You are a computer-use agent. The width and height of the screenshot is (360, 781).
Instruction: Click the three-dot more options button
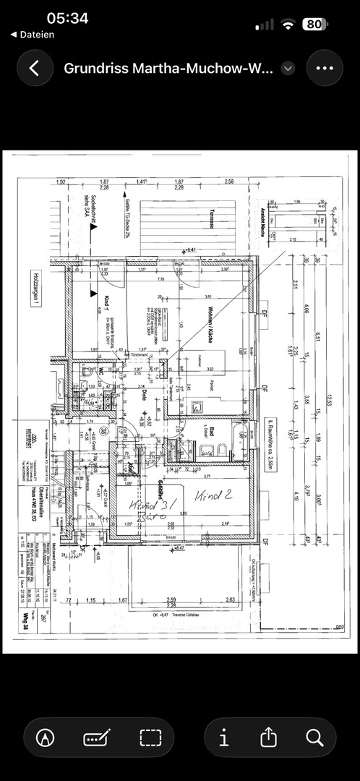click(325, 69)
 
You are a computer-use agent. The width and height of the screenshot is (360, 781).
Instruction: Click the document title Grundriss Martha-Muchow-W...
click(168, 69)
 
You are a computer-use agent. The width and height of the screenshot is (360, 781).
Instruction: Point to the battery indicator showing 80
click(314, 24)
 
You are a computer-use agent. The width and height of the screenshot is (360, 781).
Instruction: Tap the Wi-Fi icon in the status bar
click(288, 24)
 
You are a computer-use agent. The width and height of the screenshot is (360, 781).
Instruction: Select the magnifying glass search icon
click(314, 738)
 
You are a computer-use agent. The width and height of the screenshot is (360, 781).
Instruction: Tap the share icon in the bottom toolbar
click(268, 738)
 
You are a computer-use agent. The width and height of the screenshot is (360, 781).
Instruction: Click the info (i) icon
click(224, 738)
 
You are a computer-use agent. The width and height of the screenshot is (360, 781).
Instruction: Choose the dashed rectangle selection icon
click(150, 738)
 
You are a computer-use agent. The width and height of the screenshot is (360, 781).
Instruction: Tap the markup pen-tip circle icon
click(48, 738)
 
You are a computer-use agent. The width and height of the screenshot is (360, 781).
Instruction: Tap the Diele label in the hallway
click(143, 395)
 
